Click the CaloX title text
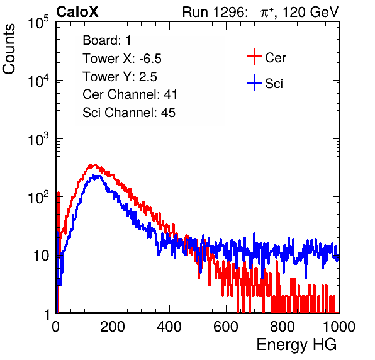coord(77,12)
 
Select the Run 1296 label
coord(215,12)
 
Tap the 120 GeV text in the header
coord(310,12)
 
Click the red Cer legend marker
coord(254,57)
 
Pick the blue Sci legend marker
coord(254,82)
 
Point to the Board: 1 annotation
coord(107,40)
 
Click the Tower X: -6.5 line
coord(122,59)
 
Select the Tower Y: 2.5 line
coord(120,77)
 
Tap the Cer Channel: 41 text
coord(130,94)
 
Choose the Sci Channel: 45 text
coord(129,113)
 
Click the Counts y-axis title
coord(9,49)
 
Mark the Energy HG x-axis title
coord(296,345)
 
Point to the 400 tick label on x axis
coord(169,326)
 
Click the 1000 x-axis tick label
coord(339,326)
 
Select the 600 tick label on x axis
coord(226,326)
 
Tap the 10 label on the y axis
coord(41,256)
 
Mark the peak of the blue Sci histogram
coord(96,176)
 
